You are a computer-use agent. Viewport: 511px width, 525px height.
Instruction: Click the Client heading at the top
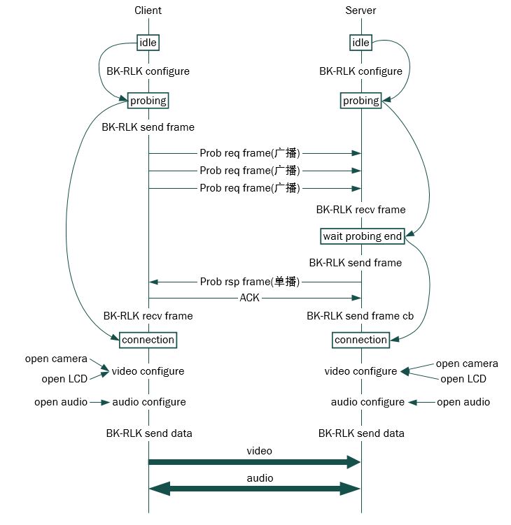click(148, 10)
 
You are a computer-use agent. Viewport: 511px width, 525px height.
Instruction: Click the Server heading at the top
click(360, 10)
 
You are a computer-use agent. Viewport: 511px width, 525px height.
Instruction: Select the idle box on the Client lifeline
click(148, 43)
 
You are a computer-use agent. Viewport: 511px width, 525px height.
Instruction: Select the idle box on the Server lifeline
click(360, 43)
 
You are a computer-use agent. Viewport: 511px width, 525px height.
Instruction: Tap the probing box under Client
click(148, 101)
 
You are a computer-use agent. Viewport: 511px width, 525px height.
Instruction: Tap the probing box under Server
click(360, 101)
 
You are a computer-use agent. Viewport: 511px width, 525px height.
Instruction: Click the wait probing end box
click(362, 236)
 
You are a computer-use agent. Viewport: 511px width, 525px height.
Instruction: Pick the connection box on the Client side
click(148, 340)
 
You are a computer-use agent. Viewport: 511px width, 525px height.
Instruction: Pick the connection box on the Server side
click(360, 340)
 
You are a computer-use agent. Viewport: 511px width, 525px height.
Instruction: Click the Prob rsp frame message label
click(250, 281)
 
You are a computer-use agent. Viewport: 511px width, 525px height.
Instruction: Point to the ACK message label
click(250, 298)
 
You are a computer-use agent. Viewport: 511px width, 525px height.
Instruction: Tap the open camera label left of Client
click(56, 359)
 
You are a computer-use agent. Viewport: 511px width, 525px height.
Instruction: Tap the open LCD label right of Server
click(463, 379)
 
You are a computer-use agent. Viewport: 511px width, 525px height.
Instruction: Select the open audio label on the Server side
click(463, 402)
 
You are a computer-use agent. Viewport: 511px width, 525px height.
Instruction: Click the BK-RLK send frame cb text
click(360, 316)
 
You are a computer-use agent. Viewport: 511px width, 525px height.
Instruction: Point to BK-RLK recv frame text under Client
click(148, 316)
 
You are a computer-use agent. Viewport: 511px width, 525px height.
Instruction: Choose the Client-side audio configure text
click(149, 402)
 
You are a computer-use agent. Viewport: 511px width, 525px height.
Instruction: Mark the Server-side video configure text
click(360, 371)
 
